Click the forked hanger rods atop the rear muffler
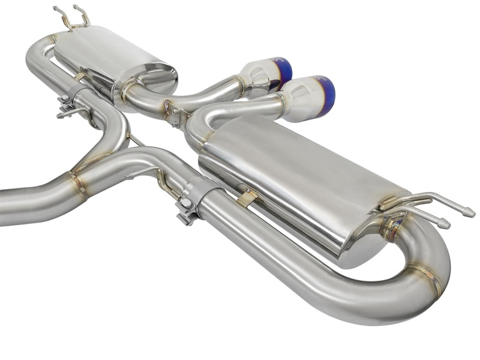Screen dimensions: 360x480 tap(72, 18)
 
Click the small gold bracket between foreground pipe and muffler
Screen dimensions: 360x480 tap(247, 199)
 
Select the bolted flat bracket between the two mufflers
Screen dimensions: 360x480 tap(173, 114)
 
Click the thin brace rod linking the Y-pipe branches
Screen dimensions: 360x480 tap(135, 141)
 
